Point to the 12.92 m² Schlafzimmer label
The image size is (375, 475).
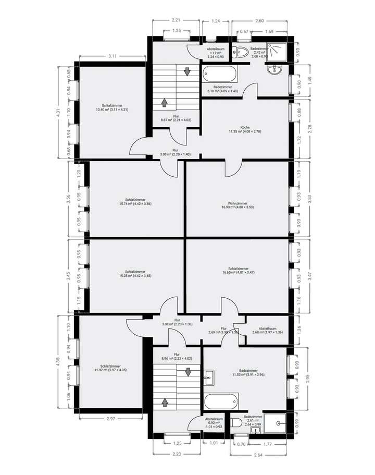pyautogui.click(x=110, y=368)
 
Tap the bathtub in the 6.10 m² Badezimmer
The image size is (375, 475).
pyautogui.click(x=220, y=74)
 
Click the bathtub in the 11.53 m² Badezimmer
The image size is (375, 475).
pyautogui.click(x=220, y=402)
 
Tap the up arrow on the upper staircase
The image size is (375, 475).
pyautogui.click(x=165, y=102)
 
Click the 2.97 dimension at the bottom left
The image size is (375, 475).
pyautogui.click(x=110, y=419)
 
